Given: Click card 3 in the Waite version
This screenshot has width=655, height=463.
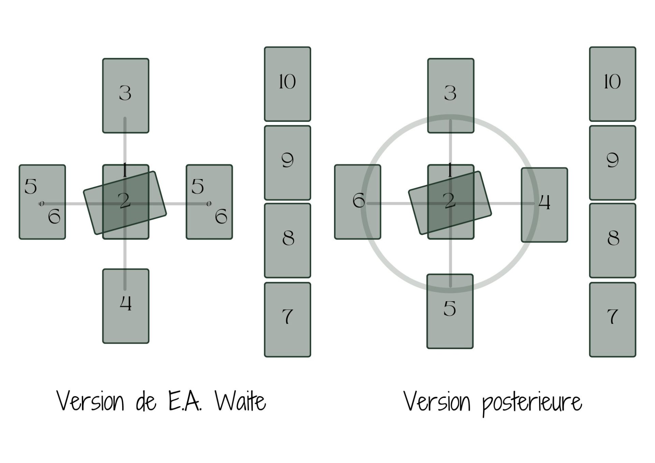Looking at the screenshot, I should click(126, 96).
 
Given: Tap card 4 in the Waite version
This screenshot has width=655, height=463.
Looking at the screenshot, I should click(126, 306).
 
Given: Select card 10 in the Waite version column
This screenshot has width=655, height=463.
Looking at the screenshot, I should click(287, 84).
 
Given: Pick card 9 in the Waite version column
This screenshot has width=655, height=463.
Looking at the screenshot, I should click(287, 163).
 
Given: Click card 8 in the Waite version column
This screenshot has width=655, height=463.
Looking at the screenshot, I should click(287, 241).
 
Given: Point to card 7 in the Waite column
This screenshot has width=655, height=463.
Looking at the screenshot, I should click(287, 319).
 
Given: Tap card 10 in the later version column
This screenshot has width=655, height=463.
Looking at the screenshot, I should click(612, 84).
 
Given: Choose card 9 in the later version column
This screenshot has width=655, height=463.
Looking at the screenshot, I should click(612, 163).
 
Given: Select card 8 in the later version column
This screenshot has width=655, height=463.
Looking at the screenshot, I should click(612, 241).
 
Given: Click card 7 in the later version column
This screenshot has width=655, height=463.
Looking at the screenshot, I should click(612, 319).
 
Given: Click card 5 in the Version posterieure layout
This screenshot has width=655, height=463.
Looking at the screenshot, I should click(450, 311).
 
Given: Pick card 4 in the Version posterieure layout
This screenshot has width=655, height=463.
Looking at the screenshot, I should click(544, 205).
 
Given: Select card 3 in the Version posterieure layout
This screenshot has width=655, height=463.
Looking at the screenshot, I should click(451, 96).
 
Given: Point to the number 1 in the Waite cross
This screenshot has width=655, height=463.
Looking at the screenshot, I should click(125, 170).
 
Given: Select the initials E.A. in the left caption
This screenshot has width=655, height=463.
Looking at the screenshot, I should click(185, 402).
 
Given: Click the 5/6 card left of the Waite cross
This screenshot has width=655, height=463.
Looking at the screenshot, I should click(42, 202).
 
